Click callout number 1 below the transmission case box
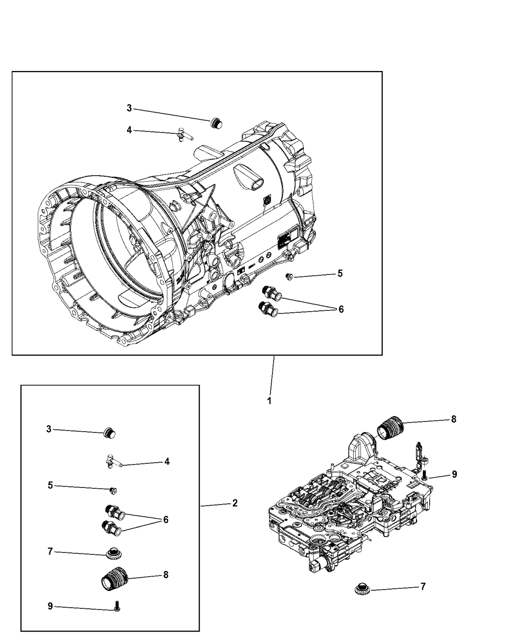[x=269, y=401]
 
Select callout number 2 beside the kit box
[x=235, y=503]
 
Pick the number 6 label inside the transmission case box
[x=341, y=309]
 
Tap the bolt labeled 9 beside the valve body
[x=425, y=473]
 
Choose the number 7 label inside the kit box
[x=50, y=552]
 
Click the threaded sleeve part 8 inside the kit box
[x=113, y=581]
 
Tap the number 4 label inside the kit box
[x=167, y=461]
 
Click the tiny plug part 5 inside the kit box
[x=114, y=490]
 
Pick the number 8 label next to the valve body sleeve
[x=453, y=419]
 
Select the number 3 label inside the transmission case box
[x=129, y=108]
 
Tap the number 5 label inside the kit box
[x=50, y=485]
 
